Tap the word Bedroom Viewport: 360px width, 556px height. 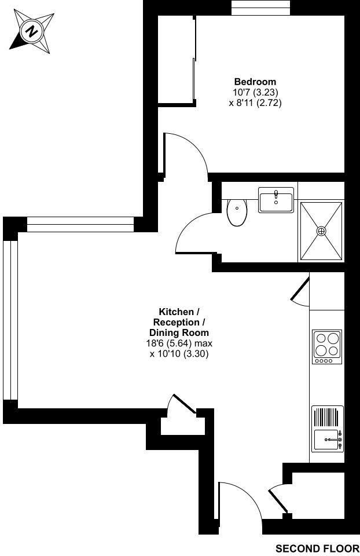click(255, 82)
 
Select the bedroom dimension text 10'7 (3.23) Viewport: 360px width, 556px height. click(255, 92)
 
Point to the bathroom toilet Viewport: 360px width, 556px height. click(237, 212)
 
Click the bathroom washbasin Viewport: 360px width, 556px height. click(276, 200)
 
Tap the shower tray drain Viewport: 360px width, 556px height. click(321, 231)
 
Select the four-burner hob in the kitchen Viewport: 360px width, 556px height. click(327, 346)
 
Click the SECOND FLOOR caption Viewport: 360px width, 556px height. click(317, 548)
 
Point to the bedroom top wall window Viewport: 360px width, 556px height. click(260, 8)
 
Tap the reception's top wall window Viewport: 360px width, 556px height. click(80, 224)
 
